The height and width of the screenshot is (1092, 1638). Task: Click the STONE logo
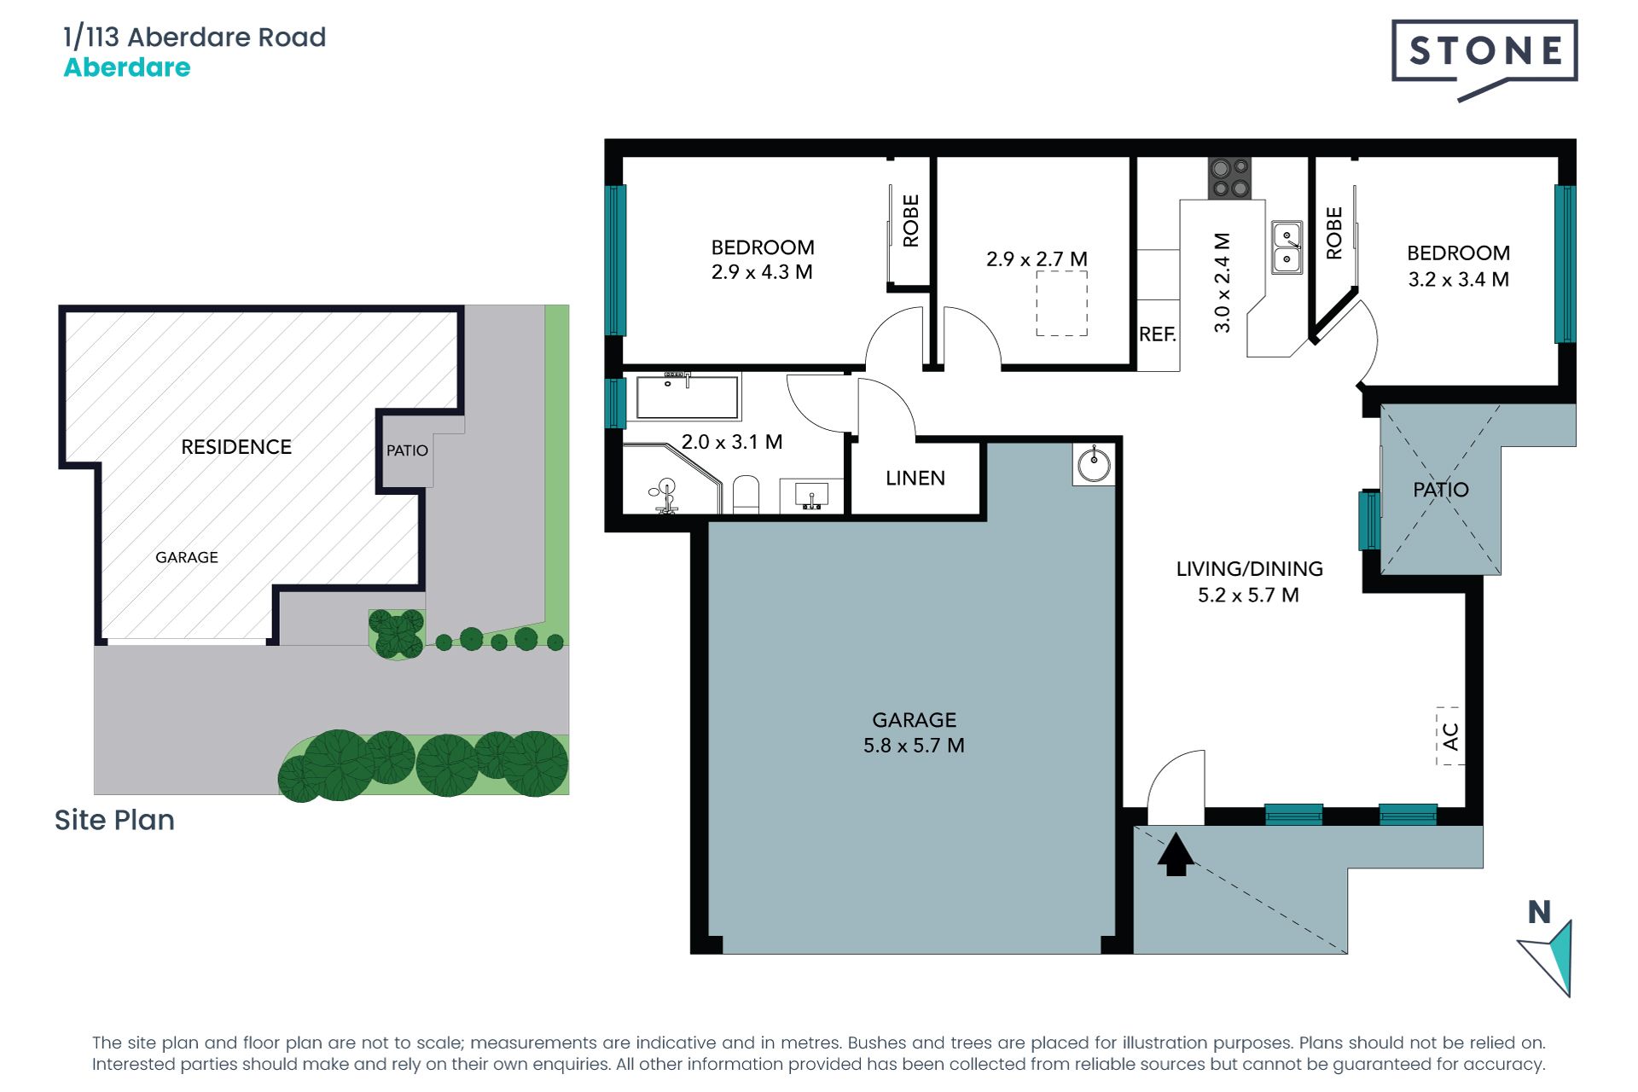pyautogui.click(x=1484, y=53)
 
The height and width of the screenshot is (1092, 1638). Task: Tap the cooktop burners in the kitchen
pyautogui.click(x=1229, y=178)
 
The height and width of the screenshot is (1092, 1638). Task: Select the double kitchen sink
pyautogui.click(x=1287, y=247)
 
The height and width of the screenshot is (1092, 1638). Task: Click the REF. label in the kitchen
pyautogui.click(x=1157, y=334)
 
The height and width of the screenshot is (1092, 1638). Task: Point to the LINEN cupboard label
pyautogui.click(x=915, y=479)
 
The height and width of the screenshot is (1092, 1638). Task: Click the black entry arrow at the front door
pyautogui.click(x=1176, y=855)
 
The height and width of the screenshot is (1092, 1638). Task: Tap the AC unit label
pyautogui.click(x=1449, y=735)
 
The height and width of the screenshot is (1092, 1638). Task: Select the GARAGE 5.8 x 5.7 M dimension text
pyautogui.click(x=914, y=746)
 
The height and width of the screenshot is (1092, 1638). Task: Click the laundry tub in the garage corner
pyautogui.click(x=1094, y=465)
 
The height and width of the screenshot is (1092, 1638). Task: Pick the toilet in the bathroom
pyautogui.click(x=746, y=495)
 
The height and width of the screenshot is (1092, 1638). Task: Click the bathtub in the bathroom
pyautogui.click(x=687, y=398)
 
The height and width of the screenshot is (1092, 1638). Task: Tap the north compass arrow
pyautogui.click(x=1549, y=955)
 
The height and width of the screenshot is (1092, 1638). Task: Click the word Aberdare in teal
pyautogui.click(x=127, y=67)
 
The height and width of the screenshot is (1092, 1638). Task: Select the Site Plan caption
pyautogui.click(x=114, y=820)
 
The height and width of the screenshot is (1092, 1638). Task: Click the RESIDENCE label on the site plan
pyautogui.click(x=236, y=447)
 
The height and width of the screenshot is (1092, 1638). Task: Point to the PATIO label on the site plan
pyautogui.click(x=407, y=450)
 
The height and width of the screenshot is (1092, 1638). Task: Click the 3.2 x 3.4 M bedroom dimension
pyautogui.click(x=1458, y=280)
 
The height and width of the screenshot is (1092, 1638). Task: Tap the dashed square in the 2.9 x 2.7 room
pyautogui.click(x=1061, y=303)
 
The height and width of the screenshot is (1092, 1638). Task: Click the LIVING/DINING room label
pyautogui.click(x=1249, y=569)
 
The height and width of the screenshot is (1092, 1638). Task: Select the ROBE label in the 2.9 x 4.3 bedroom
pyautogui.click(x=911, y=221)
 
